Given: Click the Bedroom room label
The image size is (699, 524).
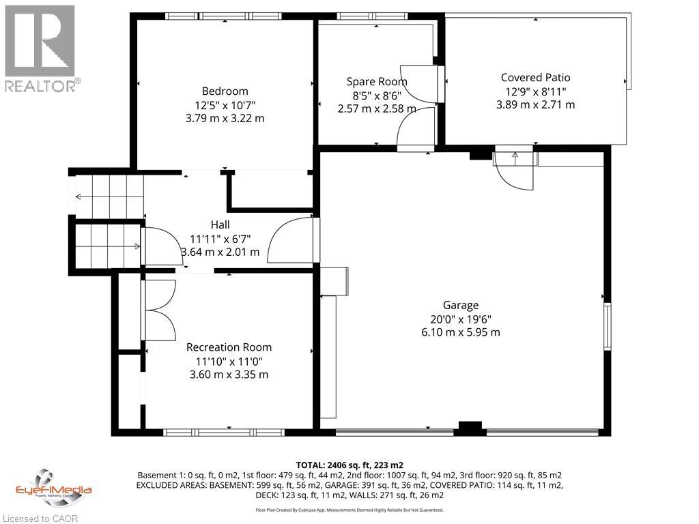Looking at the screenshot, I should click(225, 91).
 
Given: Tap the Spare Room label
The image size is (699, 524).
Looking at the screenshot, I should click(377, 82).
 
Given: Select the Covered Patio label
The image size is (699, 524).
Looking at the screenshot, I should click(535, 78).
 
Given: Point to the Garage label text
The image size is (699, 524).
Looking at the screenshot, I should click(460, 305).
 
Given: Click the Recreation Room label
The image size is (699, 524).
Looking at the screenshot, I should click(229, 347).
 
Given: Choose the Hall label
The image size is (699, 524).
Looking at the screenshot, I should click(220, 224).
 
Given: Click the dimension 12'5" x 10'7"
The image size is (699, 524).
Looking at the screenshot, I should click(225, 104).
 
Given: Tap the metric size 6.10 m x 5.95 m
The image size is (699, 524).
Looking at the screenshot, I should click(460, 332).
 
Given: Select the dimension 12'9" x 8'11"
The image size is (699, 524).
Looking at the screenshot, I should click(535, 91).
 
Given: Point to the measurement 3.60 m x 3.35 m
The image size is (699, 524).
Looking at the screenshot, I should click(229, 375).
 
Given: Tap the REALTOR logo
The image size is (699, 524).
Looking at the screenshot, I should click(40, 48).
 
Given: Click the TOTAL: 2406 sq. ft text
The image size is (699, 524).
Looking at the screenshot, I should click(349, 465).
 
